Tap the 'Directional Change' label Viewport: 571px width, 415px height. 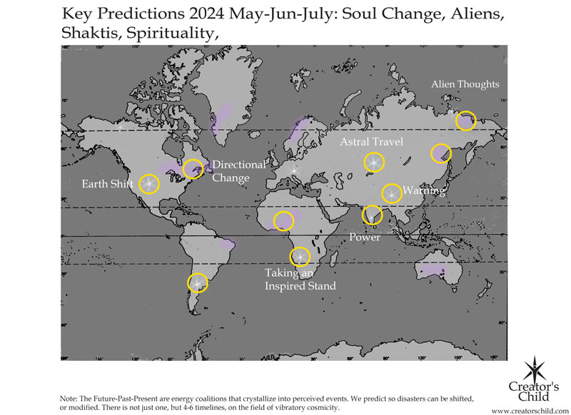tap(238, 171)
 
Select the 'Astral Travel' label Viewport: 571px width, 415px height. tap(371, 142)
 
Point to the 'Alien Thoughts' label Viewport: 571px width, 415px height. tap(465, 84)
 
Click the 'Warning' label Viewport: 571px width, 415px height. tap(424, 190)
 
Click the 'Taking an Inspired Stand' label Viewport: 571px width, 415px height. tap(300, 280)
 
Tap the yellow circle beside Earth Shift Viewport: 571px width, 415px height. tap(149, 184)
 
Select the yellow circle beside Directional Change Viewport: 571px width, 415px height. tap(193, 169)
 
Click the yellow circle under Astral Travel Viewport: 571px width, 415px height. tap(373, 163)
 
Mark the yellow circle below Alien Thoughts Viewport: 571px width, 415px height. tap(465, 121)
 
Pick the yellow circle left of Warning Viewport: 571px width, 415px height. tap(391, 193)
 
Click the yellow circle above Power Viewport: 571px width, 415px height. tap(372, 215)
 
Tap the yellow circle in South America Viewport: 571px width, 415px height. tap(197, 283)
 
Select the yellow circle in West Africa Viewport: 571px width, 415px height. tap(283, 220)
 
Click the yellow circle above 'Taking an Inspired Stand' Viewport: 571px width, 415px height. tap(300, 257)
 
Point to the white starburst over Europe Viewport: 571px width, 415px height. tap(294, 170)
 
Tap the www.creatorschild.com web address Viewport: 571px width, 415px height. tap(529, 410)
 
